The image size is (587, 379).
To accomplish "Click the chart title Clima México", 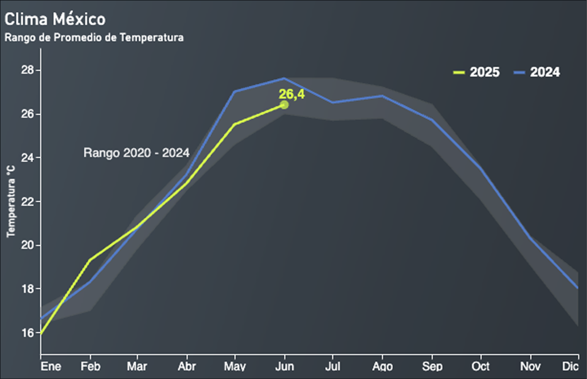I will [55, 19].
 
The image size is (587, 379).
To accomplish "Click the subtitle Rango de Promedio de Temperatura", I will [94, 38].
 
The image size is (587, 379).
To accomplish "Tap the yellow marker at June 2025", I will [284, 105].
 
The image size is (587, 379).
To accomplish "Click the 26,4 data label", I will [292, 94].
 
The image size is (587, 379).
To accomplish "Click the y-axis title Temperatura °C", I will [10, 201].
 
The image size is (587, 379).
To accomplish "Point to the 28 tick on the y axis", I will [27, 71].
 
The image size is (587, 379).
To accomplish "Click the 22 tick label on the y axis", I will [27, 202].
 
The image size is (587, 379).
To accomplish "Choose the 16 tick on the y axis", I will [27, 333].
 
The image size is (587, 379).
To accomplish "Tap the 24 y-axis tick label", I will [27, 158].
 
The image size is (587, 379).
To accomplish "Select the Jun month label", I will [284, 366].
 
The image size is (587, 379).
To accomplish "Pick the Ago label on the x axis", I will [382, 366].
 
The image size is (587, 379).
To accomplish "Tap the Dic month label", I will [570, 366].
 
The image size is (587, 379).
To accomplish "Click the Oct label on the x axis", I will [480, 366].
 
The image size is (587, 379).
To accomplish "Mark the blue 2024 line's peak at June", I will [284, 78].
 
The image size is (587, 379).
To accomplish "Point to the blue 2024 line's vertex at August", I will [382, 96].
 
